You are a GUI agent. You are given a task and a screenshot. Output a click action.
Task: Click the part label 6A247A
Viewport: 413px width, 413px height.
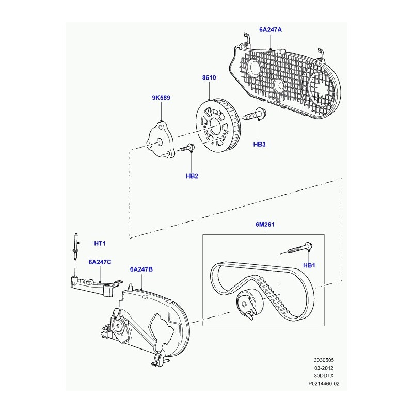tap(270, 30)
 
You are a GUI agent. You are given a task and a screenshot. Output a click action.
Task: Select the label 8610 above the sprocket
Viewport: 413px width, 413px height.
tap(209, 77)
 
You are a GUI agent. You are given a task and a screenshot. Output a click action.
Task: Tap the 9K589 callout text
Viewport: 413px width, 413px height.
tap(161, 98)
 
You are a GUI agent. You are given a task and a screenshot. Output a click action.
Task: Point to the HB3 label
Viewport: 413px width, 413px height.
tap(259, 145)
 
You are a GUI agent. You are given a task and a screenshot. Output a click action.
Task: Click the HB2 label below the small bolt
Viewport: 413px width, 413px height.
tap(192, 176)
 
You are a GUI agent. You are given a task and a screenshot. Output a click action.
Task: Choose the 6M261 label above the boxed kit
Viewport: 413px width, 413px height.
tap(265, 225)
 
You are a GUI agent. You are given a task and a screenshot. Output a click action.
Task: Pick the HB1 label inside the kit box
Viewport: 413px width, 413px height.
tap(309, 265)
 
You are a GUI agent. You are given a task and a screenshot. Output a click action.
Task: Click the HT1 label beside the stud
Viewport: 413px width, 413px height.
tap(100, 243)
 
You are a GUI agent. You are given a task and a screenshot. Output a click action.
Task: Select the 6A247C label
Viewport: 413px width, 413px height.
tap(100, 262)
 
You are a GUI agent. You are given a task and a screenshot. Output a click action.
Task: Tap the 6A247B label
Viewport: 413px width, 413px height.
tap(141, 269)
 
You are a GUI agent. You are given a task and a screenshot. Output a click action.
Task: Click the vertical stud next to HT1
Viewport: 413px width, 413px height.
tap(76, 246)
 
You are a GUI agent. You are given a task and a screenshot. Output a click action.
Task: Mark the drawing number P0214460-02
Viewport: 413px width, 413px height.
tap(324, 384)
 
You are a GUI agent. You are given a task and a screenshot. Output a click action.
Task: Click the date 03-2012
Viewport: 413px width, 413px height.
tap(324, 368)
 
